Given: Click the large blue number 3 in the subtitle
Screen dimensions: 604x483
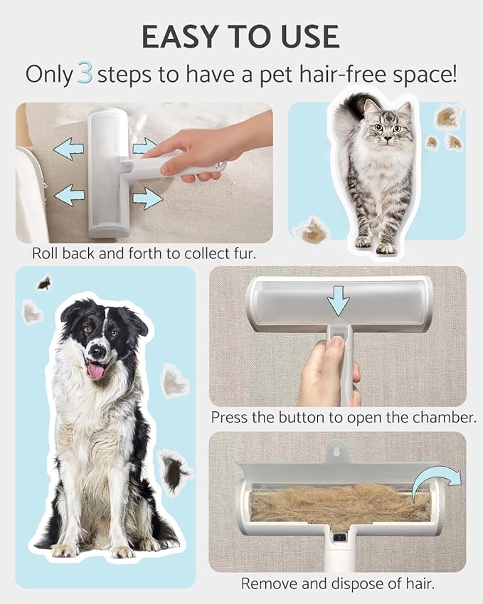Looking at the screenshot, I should (x=85, y=75).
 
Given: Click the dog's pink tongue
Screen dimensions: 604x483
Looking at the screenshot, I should (x=95, y=369).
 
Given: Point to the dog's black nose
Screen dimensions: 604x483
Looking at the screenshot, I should (x=97, y=351).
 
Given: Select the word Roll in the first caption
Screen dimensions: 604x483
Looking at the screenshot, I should (x=45, y=253).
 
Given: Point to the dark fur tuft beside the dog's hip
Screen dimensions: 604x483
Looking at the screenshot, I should (x=174, y=471).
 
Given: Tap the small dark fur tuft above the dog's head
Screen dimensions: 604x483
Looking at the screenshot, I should (x=44, y=283).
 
